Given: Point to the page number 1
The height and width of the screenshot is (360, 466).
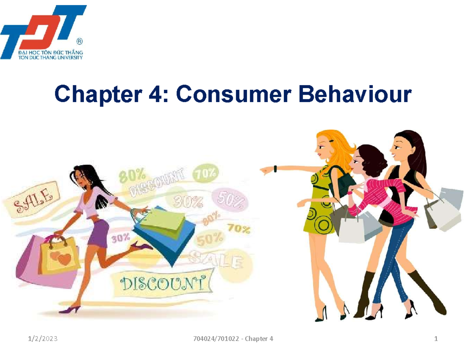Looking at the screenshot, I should coord(436,339).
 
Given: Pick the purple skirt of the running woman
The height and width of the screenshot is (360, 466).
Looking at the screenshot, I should coord(98,233).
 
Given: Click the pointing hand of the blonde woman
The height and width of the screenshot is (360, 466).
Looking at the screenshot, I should coord(266,169).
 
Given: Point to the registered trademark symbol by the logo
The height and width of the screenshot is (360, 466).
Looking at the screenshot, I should coord(80,41).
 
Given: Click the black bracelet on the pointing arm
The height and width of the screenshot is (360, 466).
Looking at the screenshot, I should coord(275,168).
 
